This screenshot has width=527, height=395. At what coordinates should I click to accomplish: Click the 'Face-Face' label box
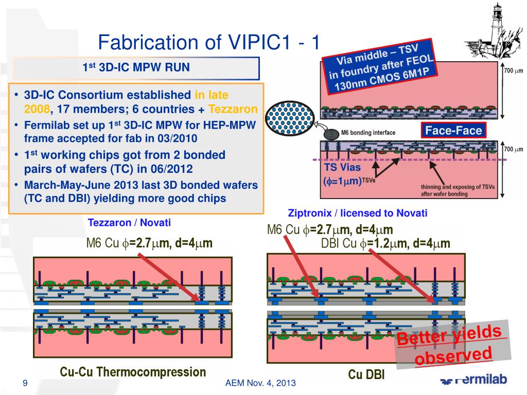(453, 131)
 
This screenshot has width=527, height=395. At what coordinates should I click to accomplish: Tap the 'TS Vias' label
(342, 167)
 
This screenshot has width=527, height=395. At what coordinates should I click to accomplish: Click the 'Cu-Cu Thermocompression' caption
(133, 372)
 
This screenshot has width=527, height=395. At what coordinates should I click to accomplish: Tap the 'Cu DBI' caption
(366, 374)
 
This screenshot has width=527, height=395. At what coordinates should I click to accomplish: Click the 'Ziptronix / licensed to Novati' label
(358, 213)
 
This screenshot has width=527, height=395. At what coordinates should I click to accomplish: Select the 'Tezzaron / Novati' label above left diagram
(129, 223)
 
